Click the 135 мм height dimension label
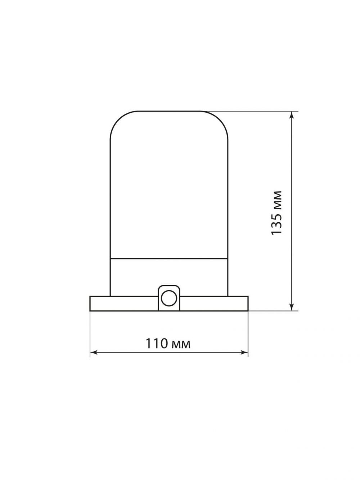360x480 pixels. [x=276, y=213]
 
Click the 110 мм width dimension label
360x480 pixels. [x=168, y=344]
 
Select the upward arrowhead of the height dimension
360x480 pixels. [x=292, y=115]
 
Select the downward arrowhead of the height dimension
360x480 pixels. [x=292, y=307]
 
